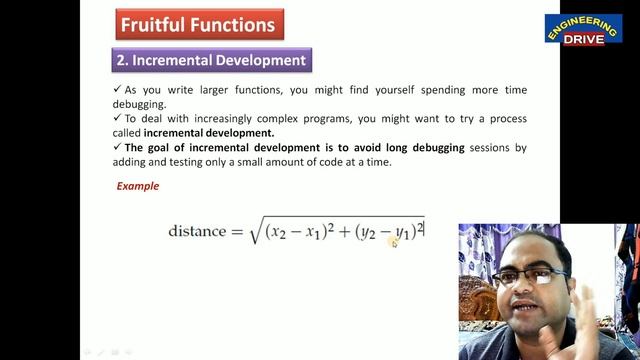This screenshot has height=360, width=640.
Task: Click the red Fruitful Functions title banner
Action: tap(199, 23)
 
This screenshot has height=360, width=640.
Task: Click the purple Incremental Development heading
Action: tap(211, 60)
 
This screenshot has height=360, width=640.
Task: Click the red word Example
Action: tap(138, 186)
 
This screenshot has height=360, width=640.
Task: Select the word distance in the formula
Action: tap(197, 232)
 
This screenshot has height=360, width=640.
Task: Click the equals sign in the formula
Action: tap(237, 232)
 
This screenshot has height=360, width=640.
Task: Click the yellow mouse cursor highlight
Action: tap(394, 241)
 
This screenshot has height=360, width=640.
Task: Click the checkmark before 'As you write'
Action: tap(117, 90)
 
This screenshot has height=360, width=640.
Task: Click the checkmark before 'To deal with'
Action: tap(117, 119)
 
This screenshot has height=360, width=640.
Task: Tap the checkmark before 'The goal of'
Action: tap(117, 148)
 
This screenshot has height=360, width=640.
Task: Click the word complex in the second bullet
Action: tap(294, 119)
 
